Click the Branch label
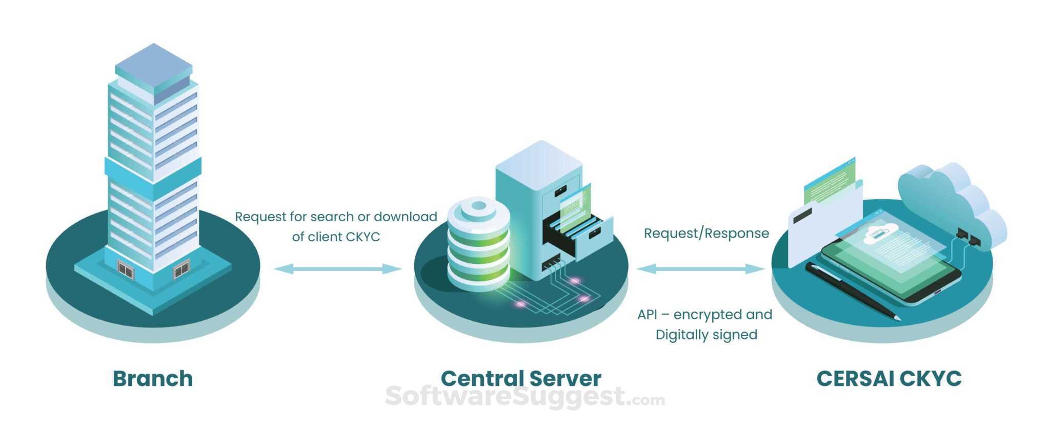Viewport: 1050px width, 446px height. click(153, 379)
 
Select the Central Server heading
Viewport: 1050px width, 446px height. click(521, 379)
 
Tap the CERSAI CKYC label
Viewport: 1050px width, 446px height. click(889, 379)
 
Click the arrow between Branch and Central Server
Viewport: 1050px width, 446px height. click(337, 268)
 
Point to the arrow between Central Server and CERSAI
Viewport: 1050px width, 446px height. click(701, 268)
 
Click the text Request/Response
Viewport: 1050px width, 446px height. click(706, 234)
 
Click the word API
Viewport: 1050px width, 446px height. click(648, 315)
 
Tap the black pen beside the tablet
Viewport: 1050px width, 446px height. click(852, 290)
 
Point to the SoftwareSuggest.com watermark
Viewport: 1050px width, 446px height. click(524, 397)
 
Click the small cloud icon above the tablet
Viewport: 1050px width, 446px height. click(880, 234)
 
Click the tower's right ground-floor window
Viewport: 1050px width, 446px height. click(181, 269)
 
